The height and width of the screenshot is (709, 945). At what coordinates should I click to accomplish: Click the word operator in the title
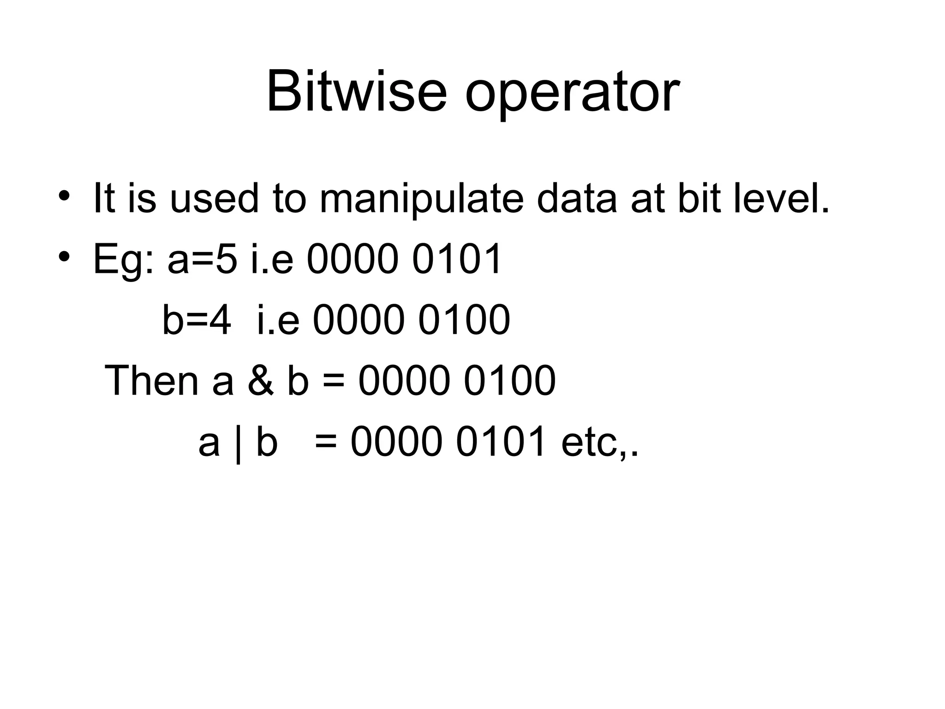click(572, 95)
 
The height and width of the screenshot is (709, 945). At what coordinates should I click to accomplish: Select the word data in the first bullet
click(577, 198)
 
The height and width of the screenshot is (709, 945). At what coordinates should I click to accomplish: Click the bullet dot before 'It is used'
click(64, 195)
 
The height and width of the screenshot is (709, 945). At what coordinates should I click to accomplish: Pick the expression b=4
click(197, 319)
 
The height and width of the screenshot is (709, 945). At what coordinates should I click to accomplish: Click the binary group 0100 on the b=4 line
click(464, 319)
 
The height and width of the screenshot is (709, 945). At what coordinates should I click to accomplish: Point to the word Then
click(152, 380)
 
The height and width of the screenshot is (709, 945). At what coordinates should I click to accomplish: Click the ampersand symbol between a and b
click(261, 380)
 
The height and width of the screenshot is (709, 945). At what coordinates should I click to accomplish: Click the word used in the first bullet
click(214, 199)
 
